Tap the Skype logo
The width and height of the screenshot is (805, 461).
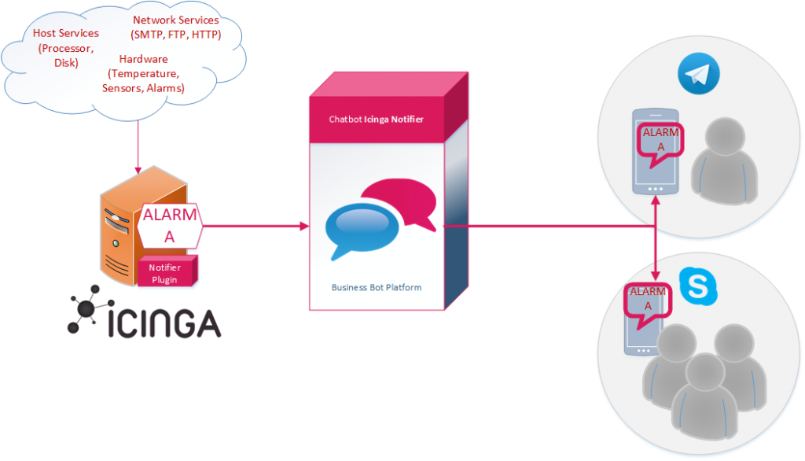pyautogui.click(x=698, y=286)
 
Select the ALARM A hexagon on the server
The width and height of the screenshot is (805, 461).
pyautogui.click(x=170, y=226)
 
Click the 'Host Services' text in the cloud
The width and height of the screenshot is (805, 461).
pyautogui.click(x=66, y=33)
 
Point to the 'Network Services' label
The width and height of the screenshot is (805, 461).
pyautogui.click(x=175, y=20)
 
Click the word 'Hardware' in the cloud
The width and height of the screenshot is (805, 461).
pyautogui.click(x=143, y=59)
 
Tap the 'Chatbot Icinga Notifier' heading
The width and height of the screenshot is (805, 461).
pyautogui.click(x=377, y=120)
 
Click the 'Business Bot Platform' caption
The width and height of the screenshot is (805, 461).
pyautogui.click(x=377, y=287)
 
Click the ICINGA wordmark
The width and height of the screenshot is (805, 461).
pyautogui.click(x=164, y=323)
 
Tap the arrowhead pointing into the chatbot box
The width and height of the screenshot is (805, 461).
pyautogui.click(x=304, y=226)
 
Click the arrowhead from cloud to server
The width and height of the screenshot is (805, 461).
pyautogui.click(x=138, y=170)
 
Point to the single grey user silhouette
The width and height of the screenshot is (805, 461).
pyautogui.click(x=724, y=160)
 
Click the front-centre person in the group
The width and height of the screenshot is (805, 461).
pyautogui.click(x=705, y=396)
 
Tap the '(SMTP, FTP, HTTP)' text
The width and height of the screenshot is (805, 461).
pyautogui.click(x=175, y=35)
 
